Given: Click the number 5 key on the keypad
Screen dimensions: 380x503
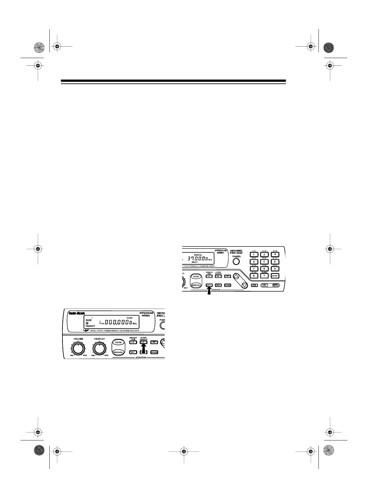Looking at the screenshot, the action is (x=264, y=261).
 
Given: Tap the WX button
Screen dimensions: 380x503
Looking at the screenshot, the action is (x=265, y=285).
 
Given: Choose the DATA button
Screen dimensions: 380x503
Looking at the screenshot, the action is (x=275, y=285).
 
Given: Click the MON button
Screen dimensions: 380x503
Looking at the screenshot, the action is (x=218, y=285).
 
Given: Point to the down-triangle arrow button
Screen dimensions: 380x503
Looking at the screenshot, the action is (x=244, y=285).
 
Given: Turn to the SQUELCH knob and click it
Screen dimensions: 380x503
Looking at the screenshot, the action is (x=99, y=348).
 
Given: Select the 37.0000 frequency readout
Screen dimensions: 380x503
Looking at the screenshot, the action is (x=195, y=258).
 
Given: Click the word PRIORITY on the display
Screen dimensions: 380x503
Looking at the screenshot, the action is (x=90, y=326).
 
